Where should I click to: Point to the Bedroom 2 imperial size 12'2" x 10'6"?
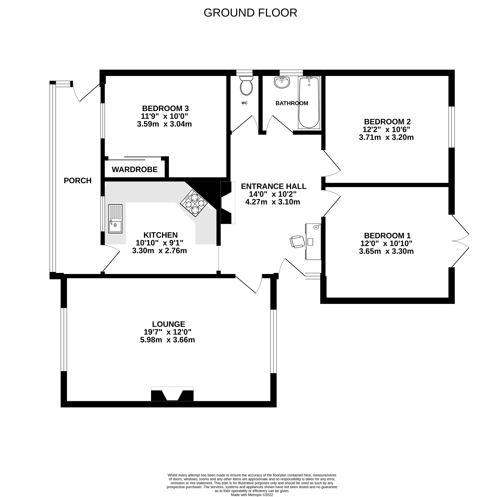click(386, 130)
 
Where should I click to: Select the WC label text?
click(244, 103)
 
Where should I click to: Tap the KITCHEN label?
click(160, 235)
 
